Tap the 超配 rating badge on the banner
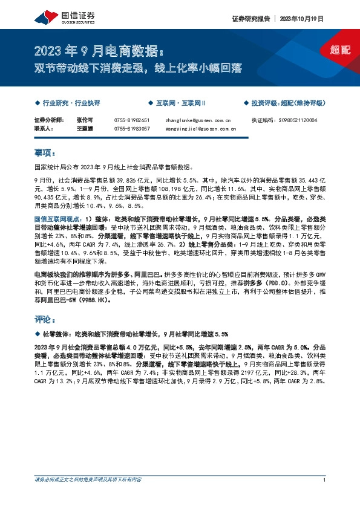[x=341, y=50]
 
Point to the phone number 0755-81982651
[x=132, y=121]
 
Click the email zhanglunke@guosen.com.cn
[x=197, y=121]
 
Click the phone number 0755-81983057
[x=132, y=129]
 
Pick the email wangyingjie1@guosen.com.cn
[x=200, y=129]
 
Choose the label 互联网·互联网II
[x=181, y=104]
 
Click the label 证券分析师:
[x=48, y=121]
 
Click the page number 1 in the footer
[x=325, y=497]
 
